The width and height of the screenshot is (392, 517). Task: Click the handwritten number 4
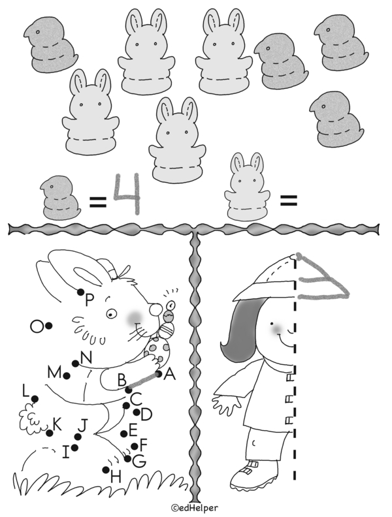pos(127,194)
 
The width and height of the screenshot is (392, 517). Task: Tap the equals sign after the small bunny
pos(289,200)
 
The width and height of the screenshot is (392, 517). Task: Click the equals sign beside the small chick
pos(98,202)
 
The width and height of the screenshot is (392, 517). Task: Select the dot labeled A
pos(159,374)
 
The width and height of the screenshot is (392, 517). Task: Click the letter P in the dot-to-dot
pos(90,300)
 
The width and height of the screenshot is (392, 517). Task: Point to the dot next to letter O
pos(48,326)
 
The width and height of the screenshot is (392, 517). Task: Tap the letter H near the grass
pos(116,477)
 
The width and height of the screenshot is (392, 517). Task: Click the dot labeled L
pos(35,399)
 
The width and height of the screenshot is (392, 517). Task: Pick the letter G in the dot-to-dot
pos(139,461)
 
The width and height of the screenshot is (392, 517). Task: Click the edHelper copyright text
pos(194,508)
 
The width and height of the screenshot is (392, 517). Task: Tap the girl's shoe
pos(253,475)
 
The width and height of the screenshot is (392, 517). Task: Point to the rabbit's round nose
pos(155,309)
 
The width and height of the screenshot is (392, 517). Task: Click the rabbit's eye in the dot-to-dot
pos(111,313)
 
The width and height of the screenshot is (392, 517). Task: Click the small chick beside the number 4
pos(60,198)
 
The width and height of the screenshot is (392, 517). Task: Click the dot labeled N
pos(76,364)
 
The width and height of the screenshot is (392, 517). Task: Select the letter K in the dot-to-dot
pos(57,424)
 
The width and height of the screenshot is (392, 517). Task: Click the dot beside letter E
pos(123,434)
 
